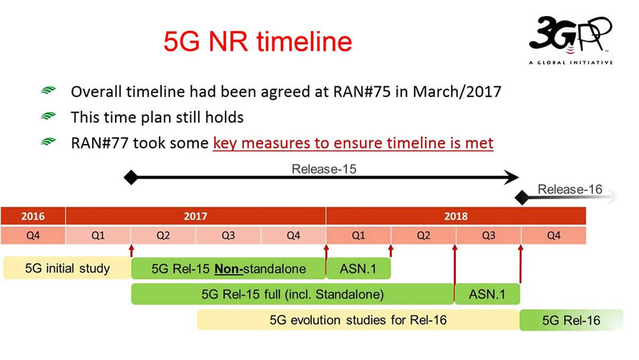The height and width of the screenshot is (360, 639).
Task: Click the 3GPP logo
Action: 570,40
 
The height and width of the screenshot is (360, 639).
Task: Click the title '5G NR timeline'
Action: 258,42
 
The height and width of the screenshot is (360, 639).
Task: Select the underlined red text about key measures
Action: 353,143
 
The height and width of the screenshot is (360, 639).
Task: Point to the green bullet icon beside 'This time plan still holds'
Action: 49,118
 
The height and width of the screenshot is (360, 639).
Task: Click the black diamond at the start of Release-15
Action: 131,178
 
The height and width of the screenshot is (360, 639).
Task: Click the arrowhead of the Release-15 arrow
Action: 511,178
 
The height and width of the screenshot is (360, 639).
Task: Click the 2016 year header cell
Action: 33,216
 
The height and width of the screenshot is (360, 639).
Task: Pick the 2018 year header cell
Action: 456,216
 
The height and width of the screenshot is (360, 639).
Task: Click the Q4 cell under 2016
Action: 33,235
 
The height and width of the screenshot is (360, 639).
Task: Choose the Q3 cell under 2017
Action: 228,235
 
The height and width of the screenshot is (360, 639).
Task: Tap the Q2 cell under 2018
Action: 423,235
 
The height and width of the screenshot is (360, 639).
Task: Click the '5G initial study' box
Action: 67,269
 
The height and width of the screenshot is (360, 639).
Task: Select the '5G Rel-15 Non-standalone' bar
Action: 228,269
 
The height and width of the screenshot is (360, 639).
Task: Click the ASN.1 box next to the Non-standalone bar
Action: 358,269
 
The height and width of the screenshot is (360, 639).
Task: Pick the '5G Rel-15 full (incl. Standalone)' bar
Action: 292,294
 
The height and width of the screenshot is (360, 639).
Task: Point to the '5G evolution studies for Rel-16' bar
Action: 357,320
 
